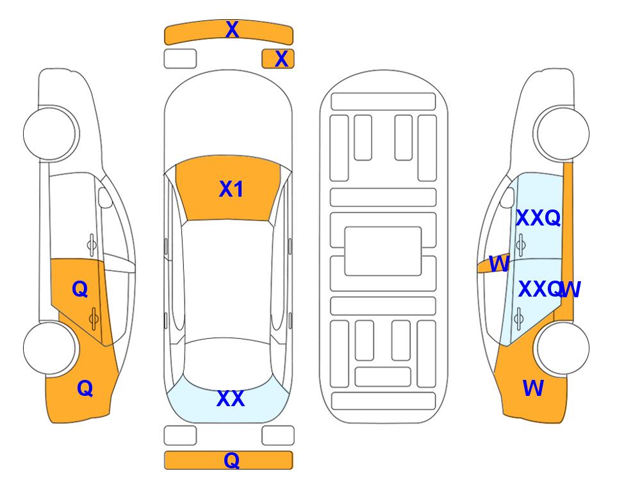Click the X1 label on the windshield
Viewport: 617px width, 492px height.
[231, 189]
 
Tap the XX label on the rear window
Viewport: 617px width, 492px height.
[231, 398]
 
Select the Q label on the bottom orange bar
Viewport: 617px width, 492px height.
[232, 460]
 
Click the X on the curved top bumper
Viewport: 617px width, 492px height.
[232, 29]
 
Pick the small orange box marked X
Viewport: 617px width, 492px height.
[278, 59]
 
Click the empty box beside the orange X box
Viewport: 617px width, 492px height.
[180, 59]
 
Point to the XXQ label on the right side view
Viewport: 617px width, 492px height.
[538, 218]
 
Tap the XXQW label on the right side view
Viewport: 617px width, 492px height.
[550, 290]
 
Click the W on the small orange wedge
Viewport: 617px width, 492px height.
[499, 264]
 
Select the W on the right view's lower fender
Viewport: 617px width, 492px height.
[533, 388]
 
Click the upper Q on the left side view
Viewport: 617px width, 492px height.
[80, 290]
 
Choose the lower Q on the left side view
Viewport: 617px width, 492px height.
[85, 389]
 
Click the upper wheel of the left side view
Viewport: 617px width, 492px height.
[50, 134]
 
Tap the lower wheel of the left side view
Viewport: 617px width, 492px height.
[50, 348]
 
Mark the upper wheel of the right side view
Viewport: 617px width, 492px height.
[562, 134]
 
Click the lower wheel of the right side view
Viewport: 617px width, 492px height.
[562, 348]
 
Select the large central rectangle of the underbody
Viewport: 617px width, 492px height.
[383, 251]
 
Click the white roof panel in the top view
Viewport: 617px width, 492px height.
[227, 279]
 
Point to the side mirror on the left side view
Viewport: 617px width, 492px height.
[105, 197]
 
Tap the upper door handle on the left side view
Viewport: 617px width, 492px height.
[92, 245]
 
